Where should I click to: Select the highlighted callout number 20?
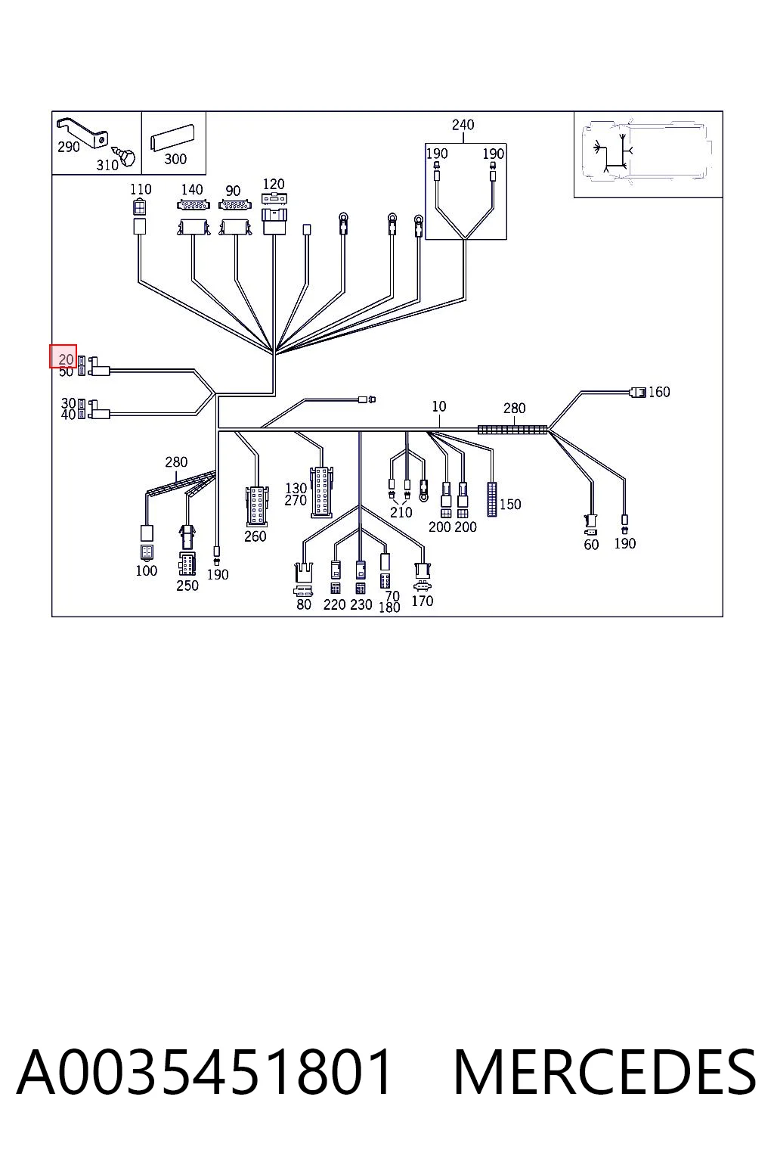[66, 359]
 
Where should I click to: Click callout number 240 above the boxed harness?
[463, 125]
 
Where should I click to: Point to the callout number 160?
[659, 392]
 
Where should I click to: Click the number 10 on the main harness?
[438, 406]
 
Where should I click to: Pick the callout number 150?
[510, 505]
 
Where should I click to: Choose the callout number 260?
[255, 536]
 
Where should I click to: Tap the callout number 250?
[187, 586]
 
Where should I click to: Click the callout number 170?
[422, 601]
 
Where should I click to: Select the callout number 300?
[175, 160]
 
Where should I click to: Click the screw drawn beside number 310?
[125, 154]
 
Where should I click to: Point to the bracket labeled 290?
[83, 131]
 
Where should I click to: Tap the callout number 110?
[141, 189]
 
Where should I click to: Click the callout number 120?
[273, 184]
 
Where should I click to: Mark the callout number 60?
[591, 545]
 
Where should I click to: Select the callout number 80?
[304, 604]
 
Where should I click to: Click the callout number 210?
[401, 512]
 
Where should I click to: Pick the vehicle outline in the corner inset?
[648, 151]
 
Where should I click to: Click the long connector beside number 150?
[491, 499]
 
